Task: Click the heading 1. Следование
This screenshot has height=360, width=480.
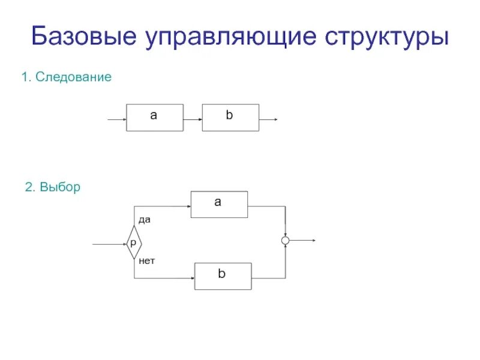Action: pyautogui.click(x=66, y=77)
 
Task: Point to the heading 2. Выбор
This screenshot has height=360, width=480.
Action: pyautogui.click(x=52, y=187)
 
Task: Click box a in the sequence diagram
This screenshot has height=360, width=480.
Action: pyautogui.click(x=154, y=117)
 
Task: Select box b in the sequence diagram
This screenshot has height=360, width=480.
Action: pyautogui.click(x=230, y=117)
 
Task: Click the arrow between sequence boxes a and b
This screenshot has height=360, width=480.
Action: pyautogui.click(x=193, y=119)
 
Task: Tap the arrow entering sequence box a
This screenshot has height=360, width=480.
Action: pyautogui.click(x=116, y=119)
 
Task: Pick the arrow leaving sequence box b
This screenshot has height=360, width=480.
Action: pyautogui.click(x=268, y=119)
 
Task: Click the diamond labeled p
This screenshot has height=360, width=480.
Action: pyautogui.click(x=133, y=242)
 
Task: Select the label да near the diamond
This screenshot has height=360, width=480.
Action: pyautogui.click(x=145, y=220)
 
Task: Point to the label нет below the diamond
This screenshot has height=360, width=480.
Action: pyautogui.click(x=146, y=261)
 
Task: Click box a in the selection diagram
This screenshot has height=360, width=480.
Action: pyautogui.click(x=219, y=204)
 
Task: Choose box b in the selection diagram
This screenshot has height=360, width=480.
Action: pyautogui.click(x=223, y=276)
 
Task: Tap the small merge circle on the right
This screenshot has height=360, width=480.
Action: pyautogui.click(x=286, y=241)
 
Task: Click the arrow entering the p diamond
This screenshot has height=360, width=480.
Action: pyautogui.click(x=108, y=244)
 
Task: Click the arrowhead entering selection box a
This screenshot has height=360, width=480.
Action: pyautogui.click(x=188, y=206)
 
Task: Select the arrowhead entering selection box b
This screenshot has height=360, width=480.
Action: pyautogui.click(x=191, y=278)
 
